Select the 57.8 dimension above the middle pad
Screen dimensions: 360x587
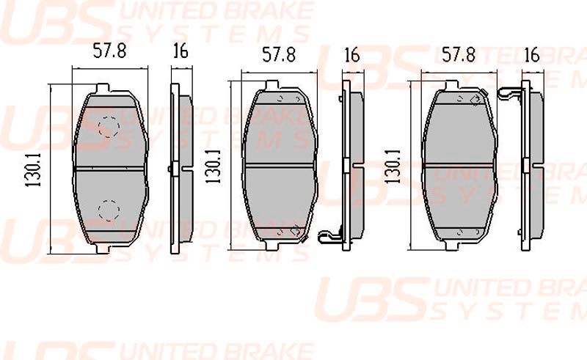[x=279, y=55]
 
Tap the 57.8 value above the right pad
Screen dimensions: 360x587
[x=460, y=54]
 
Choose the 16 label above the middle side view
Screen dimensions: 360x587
[x=351, y=55]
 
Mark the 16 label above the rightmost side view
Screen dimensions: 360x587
[x=532, y=54]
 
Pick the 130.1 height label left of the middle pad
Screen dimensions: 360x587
[x=214, y=171]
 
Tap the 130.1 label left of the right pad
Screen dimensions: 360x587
[x=394, y=171]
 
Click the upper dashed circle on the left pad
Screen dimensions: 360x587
[x=109, y=128]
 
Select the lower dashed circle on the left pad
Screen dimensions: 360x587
[x=109, y=210]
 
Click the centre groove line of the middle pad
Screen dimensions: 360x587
[x=280, y=164]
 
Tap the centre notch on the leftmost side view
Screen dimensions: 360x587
[x=170, y=169]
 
